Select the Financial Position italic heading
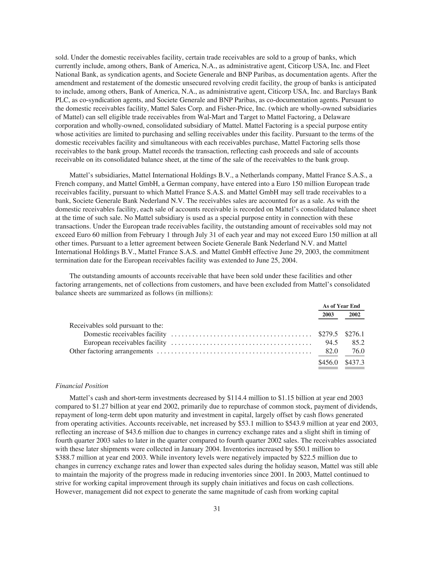[82, 386]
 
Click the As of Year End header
[341, 306]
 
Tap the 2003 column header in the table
[328, 315]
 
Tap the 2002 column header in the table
[355, 315]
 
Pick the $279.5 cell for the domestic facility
[328, 334]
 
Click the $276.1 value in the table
[355, 334]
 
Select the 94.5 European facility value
[331, 343]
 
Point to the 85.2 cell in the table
[358, 343]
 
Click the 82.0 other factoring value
[331, 351]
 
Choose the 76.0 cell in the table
[358, 351]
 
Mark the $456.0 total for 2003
[328, 363]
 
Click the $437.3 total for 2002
[355, 363]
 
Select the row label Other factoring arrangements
[111, 351]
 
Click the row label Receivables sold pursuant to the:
[116, 326]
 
